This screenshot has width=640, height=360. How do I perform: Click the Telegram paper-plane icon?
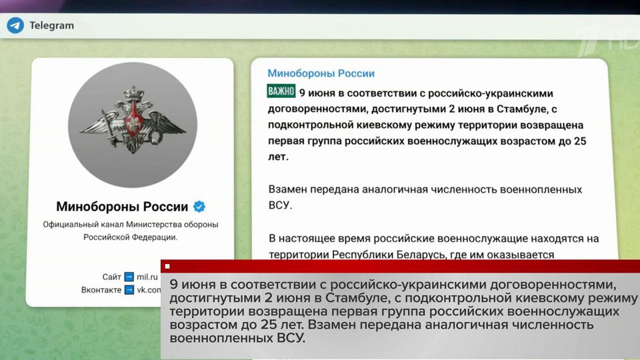15,25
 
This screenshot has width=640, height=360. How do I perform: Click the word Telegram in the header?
51,25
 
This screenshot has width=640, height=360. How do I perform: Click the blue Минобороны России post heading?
321,74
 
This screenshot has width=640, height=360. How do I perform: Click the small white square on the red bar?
167,266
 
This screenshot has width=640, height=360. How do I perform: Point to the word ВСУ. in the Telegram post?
280,205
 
